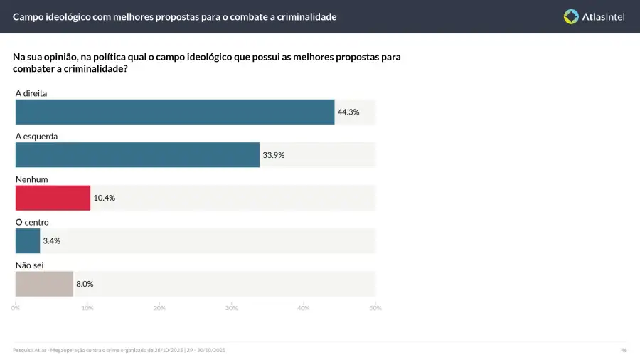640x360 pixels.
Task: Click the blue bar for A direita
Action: (175, 112)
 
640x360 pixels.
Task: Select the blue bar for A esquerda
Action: (137, 154)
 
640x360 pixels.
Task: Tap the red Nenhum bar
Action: (53, 198)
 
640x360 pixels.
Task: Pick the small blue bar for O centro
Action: (28, 240)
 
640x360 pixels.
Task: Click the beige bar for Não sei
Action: (44, 283)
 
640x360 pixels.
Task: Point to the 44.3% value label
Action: (348, 112)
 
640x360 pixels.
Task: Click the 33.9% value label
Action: (274, 154)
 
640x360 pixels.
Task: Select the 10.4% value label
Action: (104, 198)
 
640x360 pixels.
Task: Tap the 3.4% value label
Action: (51, 240)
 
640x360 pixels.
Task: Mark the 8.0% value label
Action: (84, 283)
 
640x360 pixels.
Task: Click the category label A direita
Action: (31, 93)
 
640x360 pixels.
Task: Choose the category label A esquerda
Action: (36, 136)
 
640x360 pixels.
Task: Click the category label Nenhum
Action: (31, 179)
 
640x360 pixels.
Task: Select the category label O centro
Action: (32, 222)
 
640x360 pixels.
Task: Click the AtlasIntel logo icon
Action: (571, 16)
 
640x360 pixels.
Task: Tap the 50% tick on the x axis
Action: (375, 308)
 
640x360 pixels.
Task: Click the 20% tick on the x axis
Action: (159, 308)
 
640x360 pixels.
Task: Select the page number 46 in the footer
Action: (624, 350)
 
